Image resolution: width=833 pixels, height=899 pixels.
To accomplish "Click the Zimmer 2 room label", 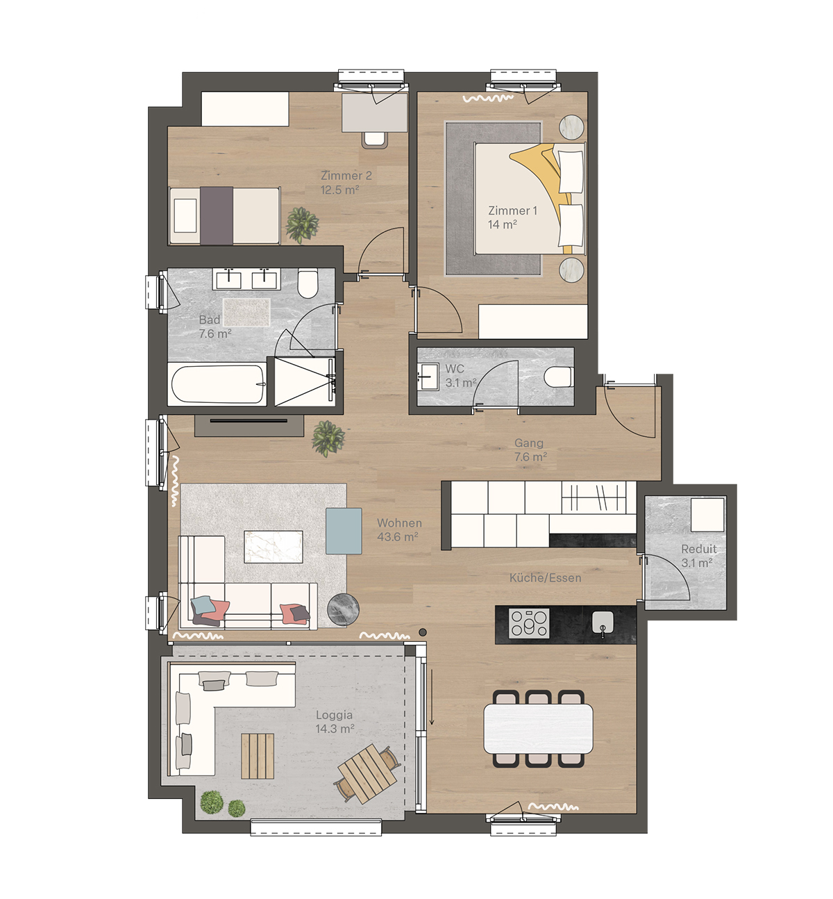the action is point(346,175).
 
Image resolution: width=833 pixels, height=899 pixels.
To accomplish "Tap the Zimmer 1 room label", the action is point(513,211).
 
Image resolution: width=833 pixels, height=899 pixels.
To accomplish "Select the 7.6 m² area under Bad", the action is point(215,334).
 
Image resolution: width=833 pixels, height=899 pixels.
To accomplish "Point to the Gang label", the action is point(528,443).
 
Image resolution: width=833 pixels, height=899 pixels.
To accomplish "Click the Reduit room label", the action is point(698,549).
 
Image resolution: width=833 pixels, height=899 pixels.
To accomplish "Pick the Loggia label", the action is point(334,715).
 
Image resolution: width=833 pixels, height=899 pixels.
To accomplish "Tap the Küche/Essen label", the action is point(545,577).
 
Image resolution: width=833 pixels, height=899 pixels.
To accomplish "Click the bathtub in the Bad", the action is point(218,384).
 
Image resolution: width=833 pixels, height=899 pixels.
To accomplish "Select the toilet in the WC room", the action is point(559,377).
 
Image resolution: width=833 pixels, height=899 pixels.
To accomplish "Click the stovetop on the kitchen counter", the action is point(530,623).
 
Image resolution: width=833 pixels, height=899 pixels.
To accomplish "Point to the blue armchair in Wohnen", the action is point(344,531).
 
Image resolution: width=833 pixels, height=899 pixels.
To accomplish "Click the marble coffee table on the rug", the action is point(274,547).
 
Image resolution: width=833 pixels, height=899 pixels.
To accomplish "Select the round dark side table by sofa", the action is point(343,609).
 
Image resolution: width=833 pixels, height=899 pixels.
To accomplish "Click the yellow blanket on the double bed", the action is point(545,179).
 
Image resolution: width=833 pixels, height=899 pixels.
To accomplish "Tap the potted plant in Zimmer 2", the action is point(302,225).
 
